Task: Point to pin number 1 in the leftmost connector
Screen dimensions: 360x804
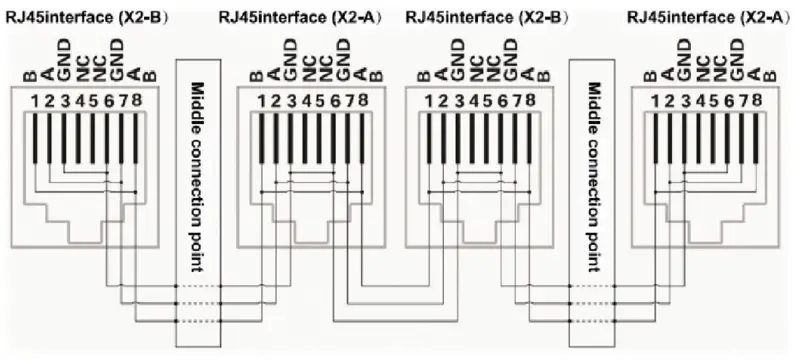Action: (33, 101)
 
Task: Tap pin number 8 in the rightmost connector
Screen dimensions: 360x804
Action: (756, 101)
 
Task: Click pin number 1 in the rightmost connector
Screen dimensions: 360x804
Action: (654, 101)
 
